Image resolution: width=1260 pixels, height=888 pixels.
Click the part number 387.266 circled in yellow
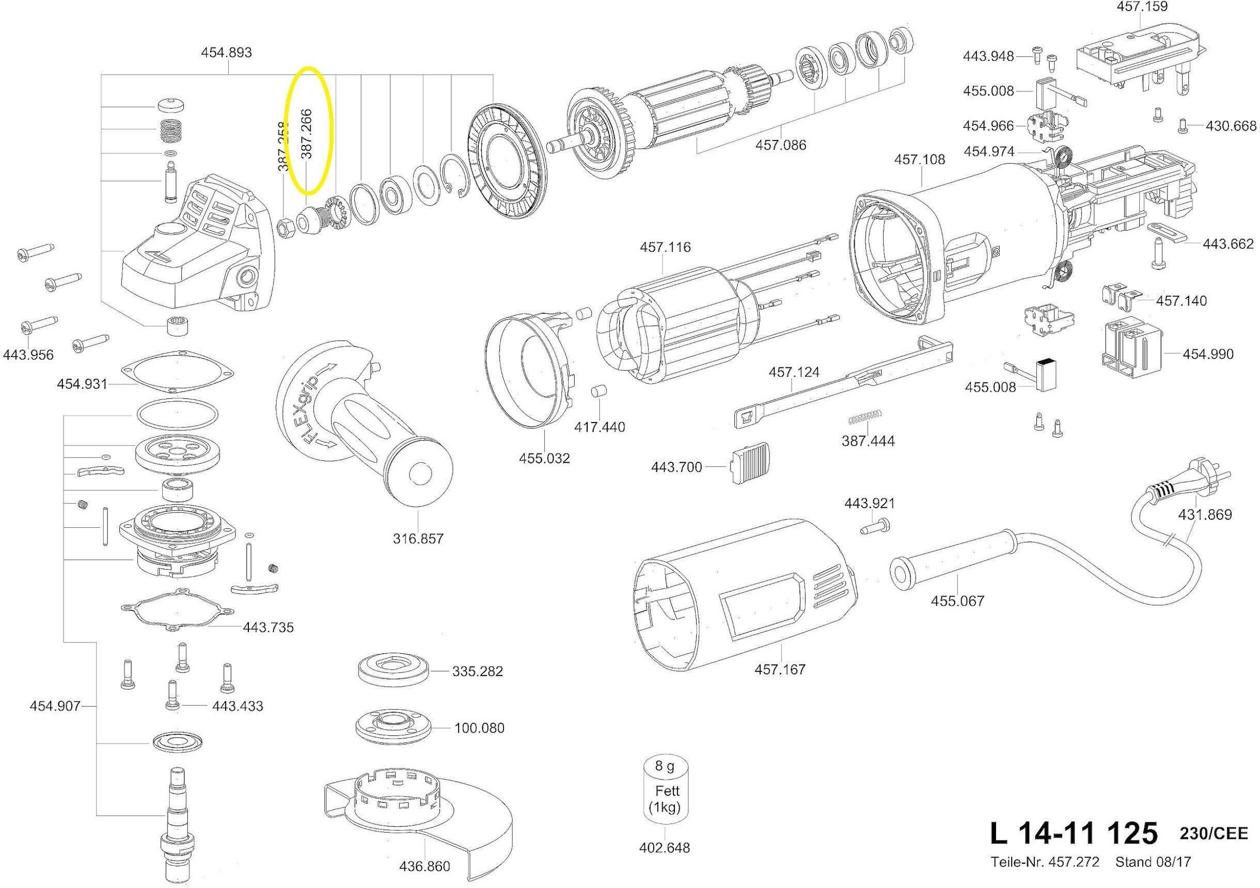coord(306,134)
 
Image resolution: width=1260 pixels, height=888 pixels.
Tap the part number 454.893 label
coord(227,53)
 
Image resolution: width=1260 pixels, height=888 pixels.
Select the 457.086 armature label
coord(781,146)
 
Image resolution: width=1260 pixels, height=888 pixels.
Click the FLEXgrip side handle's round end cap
coord(419,473)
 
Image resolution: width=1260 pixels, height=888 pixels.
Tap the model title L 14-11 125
coord(1074,834)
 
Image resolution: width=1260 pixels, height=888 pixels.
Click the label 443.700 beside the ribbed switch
coord(676,467)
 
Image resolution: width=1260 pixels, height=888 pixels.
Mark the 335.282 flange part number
coord(478,671)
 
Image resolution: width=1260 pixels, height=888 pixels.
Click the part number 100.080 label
coord(479,729)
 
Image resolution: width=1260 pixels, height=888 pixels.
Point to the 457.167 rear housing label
coord(780,670)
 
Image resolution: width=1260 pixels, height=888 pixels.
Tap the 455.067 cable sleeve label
coord(957,601)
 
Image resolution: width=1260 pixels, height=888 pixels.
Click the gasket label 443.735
coord(269,627)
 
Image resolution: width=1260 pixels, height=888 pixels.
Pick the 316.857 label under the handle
coord(418,539)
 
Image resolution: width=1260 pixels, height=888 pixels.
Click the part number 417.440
coord(600,427)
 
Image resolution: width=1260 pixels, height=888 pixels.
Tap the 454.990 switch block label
coord(1208,354)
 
